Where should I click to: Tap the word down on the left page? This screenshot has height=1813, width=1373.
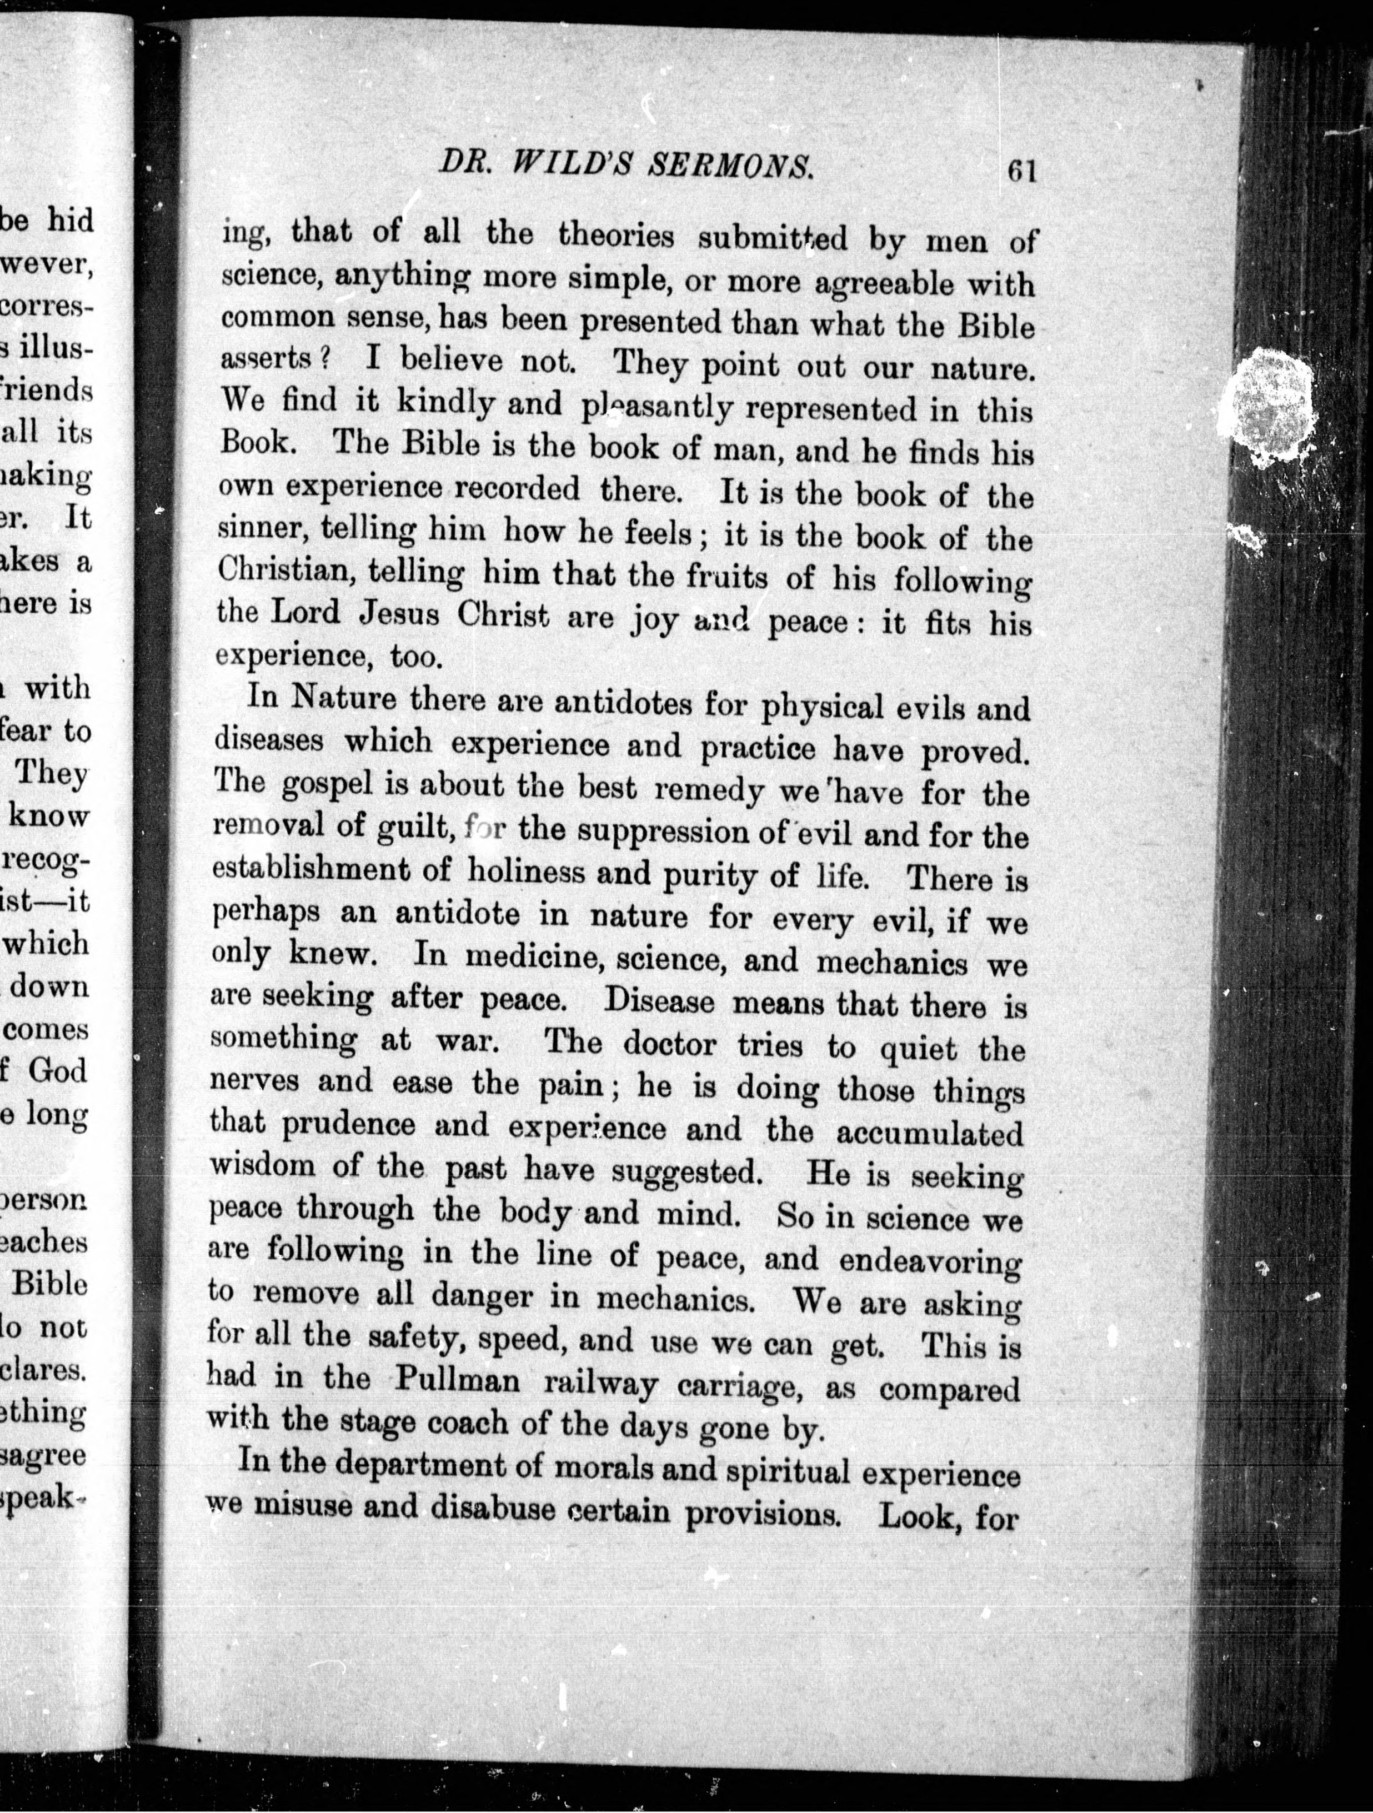pyautogui.click(x=49, y=986)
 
